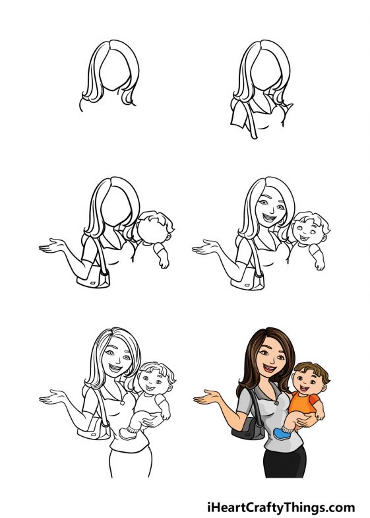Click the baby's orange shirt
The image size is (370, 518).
pyautogui.click(x=305, y=403)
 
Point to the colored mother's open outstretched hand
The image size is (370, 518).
pyautogui.click(x=206, y=399)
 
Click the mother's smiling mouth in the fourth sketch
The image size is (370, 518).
pyautogui.click(x=271, y=215)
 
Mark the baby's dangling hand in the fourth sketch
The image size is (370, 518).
pyautogui.click(x=320, y=264)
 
